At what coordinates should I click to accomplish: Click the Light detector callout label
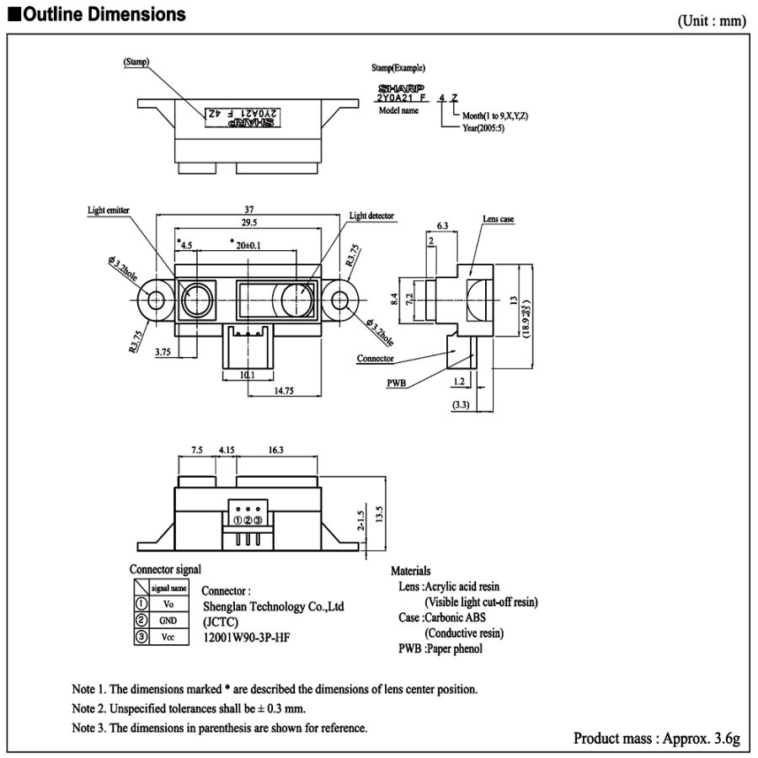click(x=371, y=216)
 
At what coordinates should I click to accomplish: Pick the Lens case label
click(x=498, y=219)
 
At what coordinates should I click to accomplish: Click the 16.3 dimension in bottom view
click(x=275, y=451)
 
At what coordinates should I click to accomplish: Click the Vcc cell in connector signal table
click(x=168, y=637)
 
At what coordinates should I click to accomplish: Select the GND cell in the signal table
click(x=168, y=620)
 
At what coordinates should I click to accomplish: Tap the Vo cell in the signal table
click(x=168, y=604)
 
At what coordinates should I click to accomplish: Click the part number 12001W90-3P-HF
click(x=248, y=638)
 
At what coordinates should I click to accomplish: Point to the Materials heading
click(x=410, y=571)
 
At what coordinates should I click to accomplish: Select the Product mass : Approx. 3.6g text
click(x=656, y=739)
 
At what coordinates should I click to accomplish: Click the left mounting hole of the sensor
click(x=156, y=299)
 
